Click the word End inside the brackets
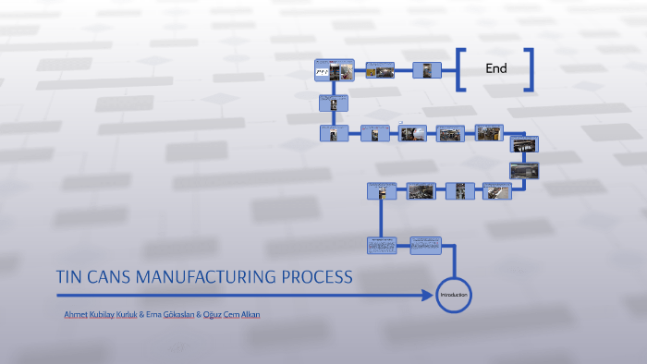(x=496, y=68)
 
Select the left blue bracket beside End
(x=460, y=69)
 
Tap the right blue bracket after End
(x=530, y=69)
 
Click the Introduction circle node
(x=453, y=295)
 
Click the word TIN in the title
(x=70, y=276)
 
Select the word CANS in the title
(x=112, y=276)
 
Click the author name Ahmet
(x=74, y=315)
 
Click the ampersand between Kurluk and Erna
(x=141, y=315)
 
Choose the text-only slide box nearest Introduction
(x=425, y=247)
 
